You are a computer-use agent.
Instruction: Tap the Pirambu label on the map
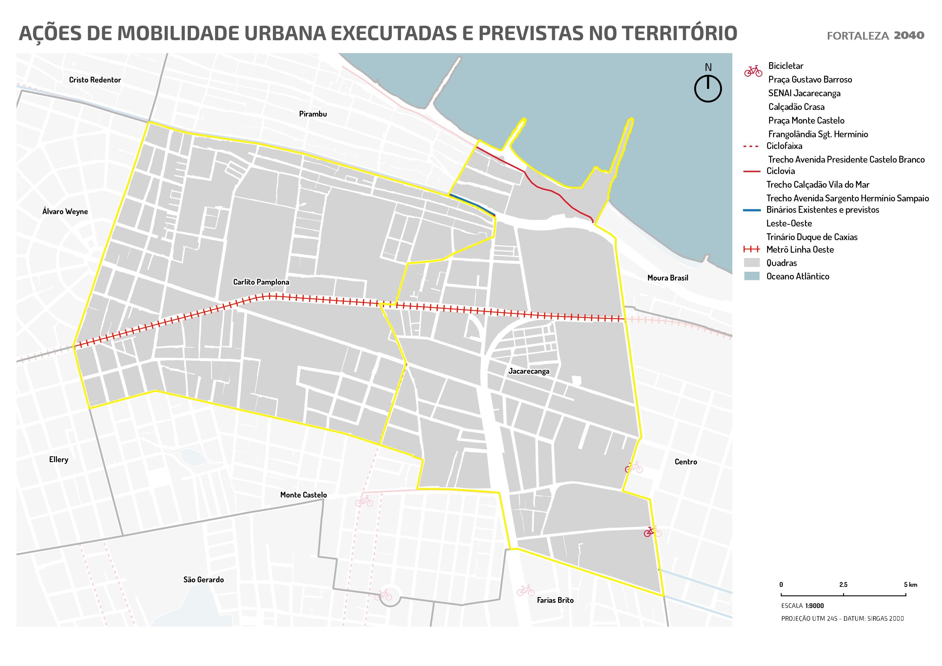pos(313,114)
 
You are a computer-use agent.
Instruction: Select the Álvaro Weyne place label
pos(65,212)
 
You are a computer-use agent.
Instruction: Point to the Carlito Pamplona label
pos(261,282)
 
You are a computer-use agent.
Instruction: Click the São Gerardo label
pos(203,580)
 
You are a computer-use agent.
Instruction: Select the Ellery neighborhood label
pos(59,459)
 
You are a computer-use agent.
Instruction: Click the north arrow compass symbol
pos(708,87)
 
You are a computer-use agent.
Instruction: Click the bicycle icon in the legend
pos(753,71)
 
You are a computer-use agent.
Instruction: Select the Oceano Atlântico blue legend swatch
pos(752,276)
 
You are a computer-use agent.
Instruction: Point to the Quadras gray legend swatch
pos(752,263)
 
